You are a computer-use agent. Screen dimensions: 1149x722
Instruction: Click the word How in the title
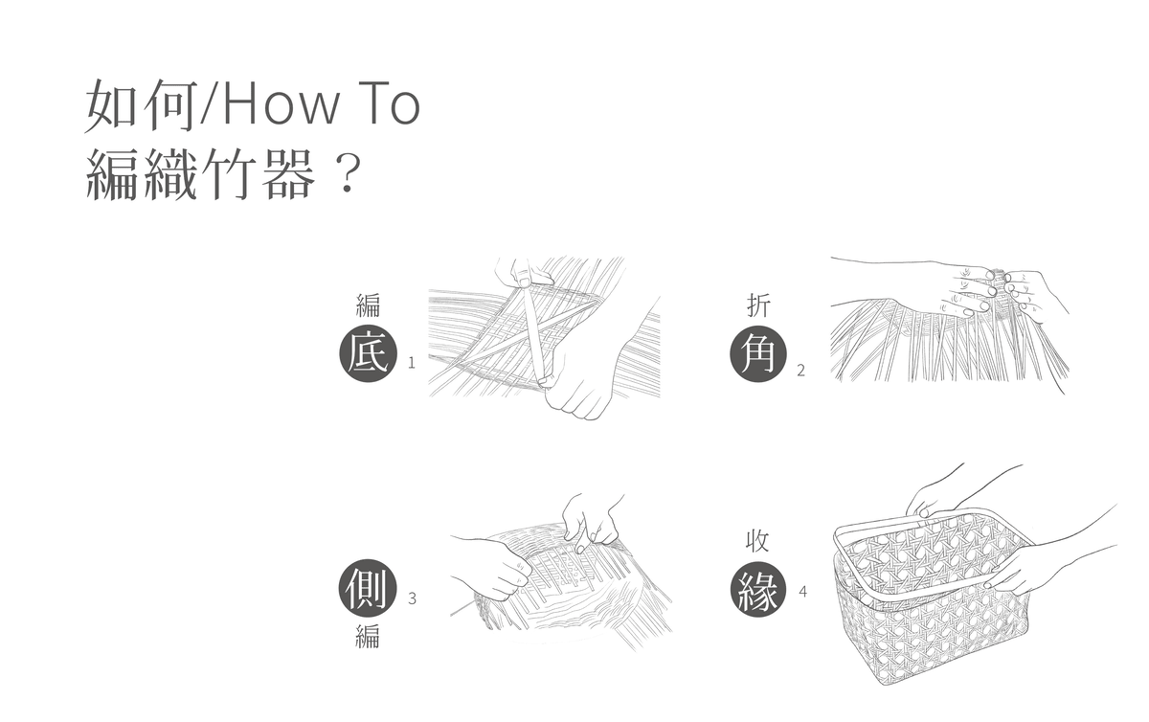click(282, 104)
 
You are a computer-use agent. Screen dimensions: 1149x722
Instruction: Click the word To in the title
click(393, 104)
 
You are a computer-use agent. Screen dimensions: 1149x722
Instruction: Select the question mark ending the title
click(349, 174)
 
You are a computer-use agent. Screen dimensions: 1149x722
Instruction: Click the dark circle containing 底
click(368, 353)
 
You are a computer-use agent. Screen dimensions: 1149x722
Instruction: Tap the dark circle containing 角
click(758, 353)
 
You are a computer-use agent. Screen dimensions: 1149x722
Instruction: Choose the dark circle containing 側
click(368, 588)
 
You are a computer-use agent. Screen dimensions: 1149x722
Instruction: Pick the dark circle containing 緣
click(758, 588)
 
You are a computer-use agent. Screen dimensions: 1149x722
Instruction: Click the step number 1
click(412, 363)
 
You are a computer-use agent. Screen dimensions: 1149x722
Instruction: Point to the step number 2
click(800, 370)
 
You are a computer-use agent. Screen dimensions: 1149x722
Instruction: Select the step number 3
click(412, 598)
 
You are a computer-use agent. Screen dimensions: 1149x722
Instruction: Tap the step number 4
click(802, 592)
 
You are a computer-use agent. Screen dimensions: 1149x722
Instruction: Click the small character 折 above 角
click(758, 305)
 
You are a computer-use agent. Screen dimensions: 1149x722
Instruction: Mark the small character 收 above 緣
click(757, 540)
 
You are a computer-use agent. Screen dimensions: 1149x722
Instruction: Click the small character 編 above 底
click(368, 305)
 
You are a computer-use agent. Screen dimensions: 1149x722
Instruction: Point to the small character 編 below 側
click(368, 637)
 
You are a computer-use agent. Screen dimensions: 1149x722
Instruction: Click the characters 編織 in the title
click(142, 174)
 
